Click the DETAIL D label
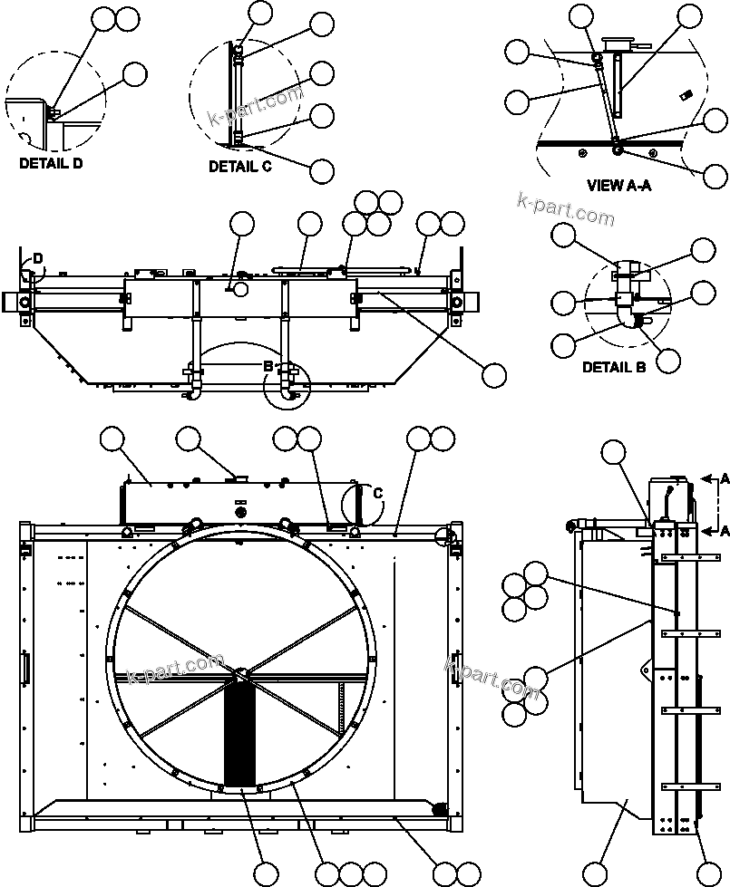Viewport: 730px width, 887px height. tap(50, 164)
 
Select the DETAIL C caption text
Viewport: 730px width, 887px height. tap(239, 167)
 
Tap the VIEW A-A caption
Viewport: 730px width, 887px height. tap(619, 186)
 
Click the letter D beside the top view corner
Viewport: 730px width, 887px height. tap(37, 259)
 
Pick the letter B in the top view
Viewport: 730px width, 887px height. tap(268, 366)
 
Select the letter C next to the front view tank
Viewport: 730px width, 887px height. tap(377, 493)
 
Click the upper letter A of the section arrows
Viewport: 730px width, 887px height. tap(724, 477)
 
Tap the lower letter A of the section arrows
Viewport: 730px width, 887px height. tap(724, 532)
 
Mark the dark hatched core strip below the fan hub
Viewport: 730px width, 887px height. tap(241, 734)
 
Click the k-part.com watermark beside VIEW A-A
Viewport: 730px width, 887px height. tap(565, 209)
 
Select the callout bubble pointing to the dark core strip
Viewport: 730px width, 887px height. tap(266, 873)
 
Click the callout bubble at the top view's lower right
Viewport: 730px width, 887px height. tap(494, 375)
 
